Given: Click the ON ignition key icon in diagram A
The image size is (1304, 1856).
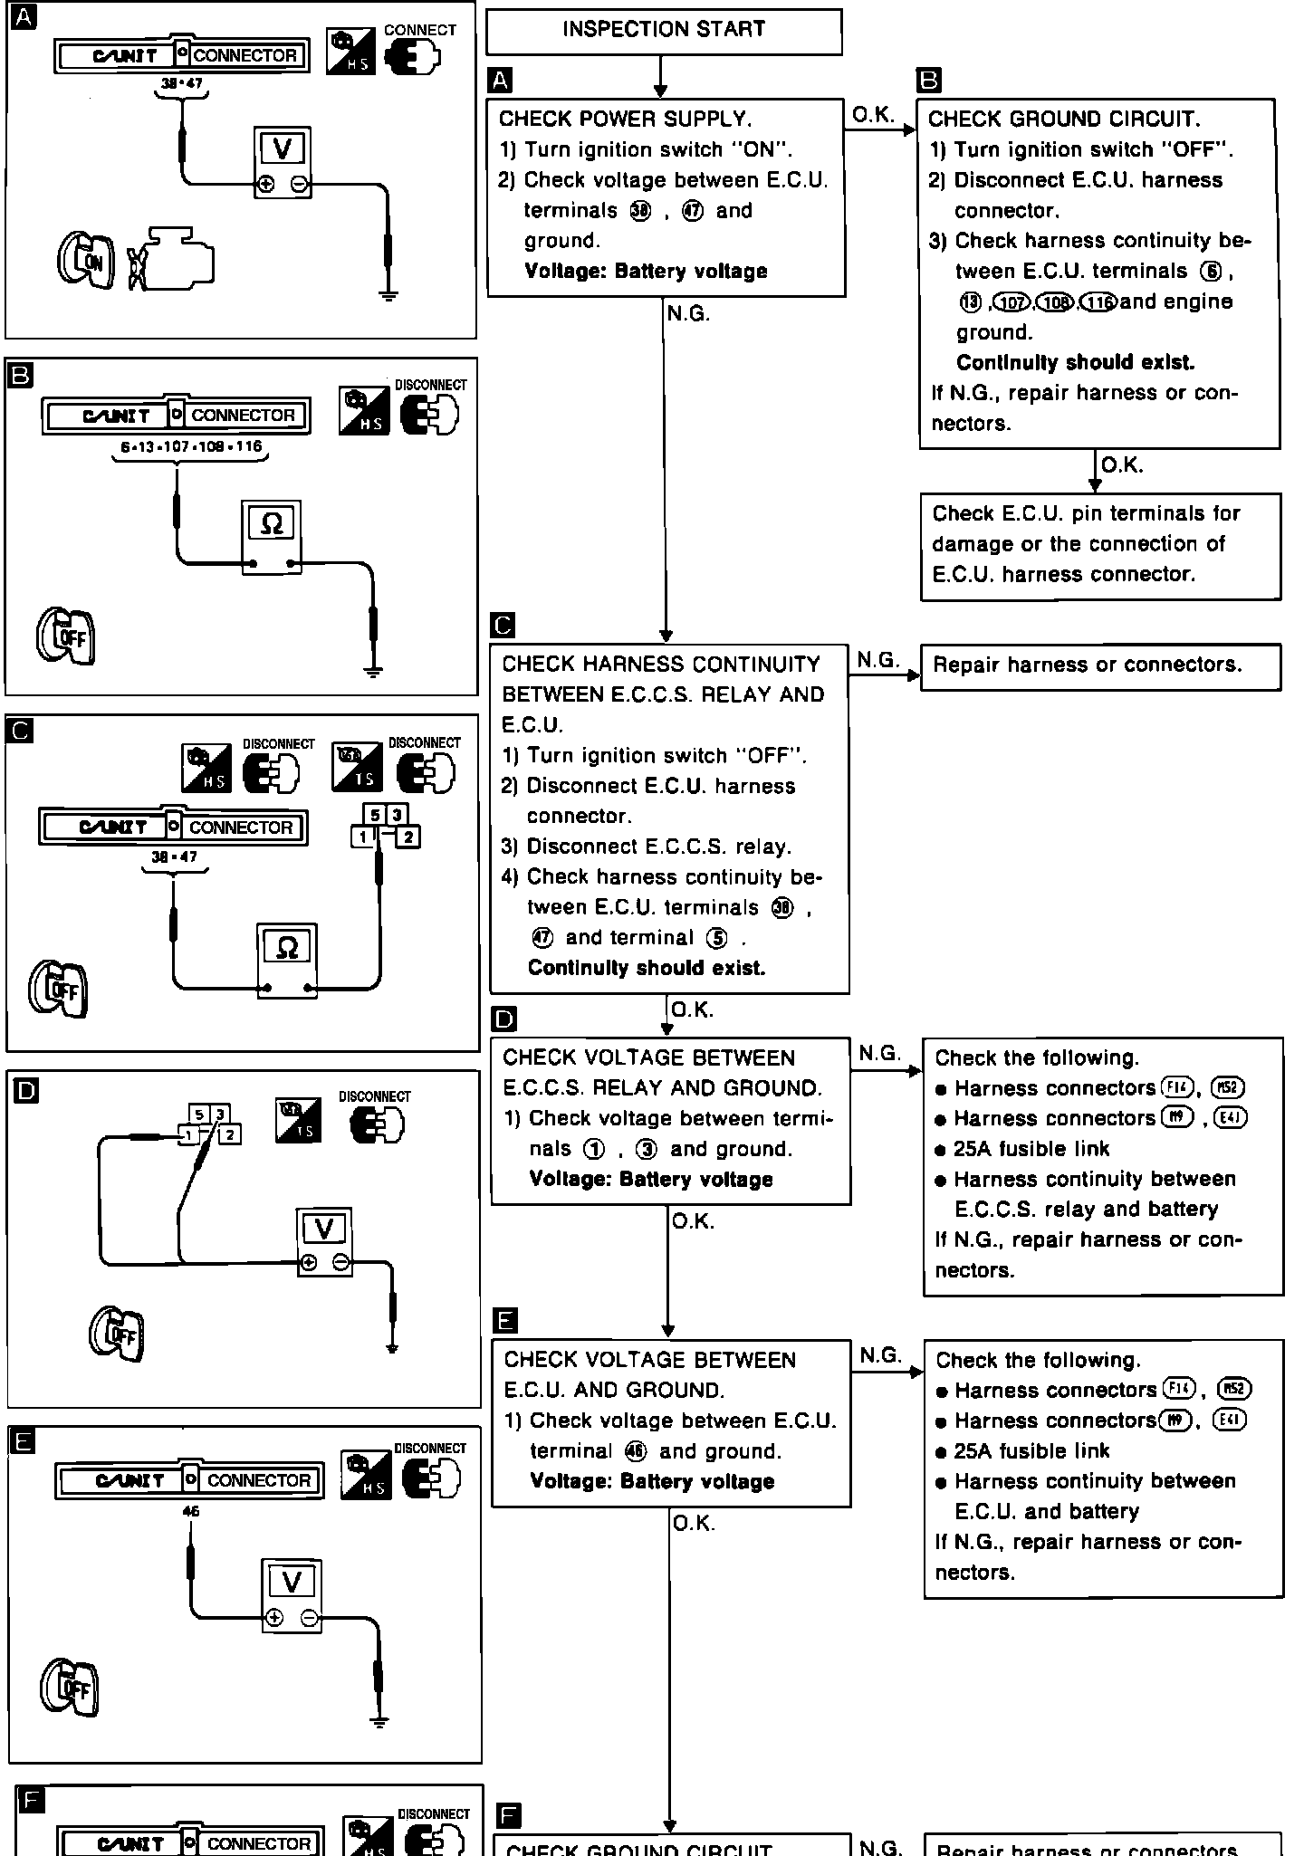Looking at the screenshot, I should (x=86, y=262).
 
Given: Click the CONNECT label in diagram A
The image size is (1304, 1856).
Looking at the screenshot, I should (x=419, y=30).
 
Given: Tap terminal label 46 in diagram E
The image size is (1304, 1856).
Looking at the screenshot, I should (x=190, y=1511).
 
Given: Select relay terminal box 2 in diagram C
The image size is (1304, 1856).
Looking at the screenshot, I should (x=408, y=837).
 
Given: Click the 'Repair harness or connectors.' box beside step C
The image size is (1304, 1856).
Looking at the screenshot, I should (x=1100, y=666).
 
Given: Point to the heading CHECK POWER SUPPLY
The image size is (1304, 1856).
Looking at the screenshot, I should (x=625, y=120).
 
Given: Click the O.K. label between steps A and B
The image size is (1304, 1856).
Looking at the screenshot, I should (x=873, y=115).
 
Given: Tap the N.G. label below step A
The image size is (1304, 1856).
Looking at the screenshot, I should (x=688, y=314).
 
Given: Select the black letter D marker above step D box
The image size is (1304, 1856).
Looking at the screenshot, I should (x=503, y=1019).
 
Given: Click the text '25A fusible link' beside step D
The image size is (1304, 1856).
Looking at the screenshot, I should (x=1031, y=1149).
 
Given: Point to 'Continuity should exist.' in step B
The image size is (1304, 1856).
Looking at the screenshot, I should (x=1075, y=363).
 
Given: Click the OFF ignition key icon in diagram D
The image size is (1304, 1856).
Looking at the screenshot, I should (x=117, y=1334).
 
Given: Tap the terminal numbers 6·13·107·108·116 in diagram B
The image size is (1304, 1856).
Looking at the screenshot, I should (x=191, y=446).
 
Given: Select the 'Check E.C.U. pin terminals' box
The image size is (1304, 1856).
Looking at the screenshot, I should (x=1100, y=545).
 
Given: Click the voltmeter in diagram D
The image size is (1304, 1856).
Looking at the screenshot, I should (x=324, y=1241).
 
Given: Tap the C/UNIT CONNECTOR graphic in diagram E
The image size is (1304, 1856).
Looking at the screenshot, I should (x=189, y=1480).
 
